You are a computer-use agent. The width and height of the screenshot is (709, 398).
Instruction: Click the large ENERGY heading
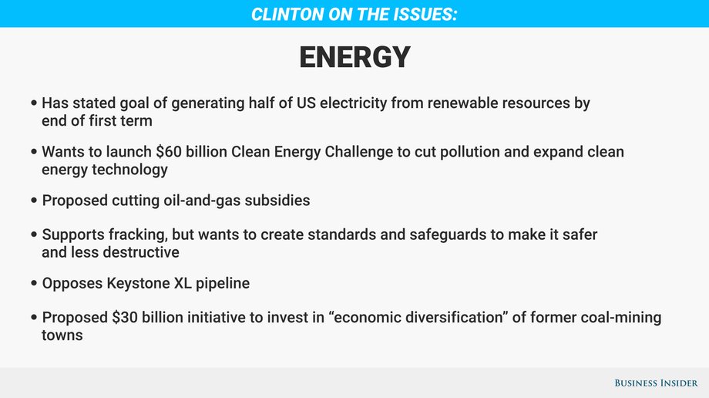(x=354, y=57)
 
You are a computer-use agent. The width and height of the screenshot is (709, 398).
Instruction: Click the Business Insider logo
(x=656, y=383)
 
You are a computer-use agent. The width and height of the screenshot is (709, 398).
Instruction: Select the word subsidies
(x=277, y=201)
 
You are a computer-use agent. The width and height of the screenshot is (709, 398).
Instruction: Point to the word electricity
(x=353, y=103)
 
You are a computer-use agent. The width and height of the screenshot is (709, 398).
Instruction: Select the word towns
(x=62, y=336)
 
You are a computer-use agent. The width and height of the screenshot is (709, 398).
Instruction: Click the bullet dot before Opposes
(x=34, y=283)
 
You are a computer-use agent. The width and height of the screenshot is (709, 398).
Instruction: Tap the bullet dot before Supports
(x=34, y=235)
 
